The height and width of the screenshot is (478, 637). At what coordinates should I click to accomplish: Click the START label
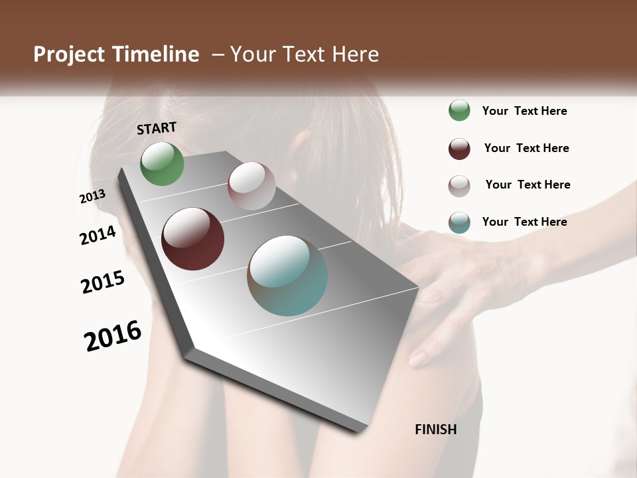tap(157, 128)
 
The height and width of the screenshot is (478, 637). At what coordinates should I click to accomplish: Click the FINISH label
tap(435, 430)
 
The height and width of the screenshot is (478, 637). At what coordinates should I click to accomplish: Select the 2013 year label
tap(92, 197)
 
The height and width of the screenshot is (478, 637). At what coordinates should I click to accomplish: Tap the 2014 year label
tap(98, 236)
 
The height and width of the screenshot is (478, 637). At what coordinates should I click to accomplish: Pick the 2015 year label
tap(103, 283)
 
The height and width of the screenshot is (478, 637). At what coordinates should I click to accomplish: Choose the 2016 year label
tap(113, 336)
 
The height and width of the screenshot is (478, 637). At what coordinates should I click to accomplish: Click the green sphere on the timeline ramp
tap(162, 163)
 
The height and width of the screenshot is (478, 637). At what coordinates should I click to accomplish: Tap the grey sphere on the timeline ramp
tap(251, 186)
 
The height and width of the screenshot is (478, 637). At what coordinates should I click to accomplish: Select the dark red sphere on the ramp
tap(192, 239)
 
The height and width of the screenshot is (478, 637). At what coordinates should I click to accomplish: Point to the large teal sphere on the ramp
tap(287, 276)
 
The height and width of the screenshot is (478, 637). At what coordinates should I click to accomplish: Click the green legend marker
tap(459, 110)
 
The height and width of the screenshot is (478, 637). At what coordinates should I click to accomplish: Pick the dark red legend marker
tap(459, 149)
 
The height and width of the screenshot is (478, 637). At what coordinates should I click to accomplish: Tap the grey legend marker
tap(459, 186)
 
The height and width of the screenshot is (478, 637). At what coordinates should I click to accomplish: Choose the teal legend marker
tap(459, 222)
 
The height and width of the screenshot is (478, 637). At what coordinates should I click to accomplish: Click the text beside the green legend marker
tap(524, 111)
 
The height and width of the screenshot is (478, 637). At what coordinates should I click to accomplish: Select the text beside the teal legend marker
tap(524, 222)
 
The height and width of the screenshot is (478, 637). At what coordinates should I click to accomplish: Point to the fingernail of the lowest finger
tap(418, 359)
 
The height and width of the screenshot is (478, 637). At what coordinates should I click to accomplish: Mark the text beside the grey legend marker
tap(528, 185)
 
